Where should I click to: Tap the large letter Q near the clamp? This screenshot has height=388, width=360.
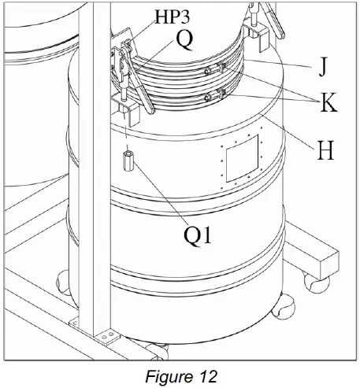coord(183,39)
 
